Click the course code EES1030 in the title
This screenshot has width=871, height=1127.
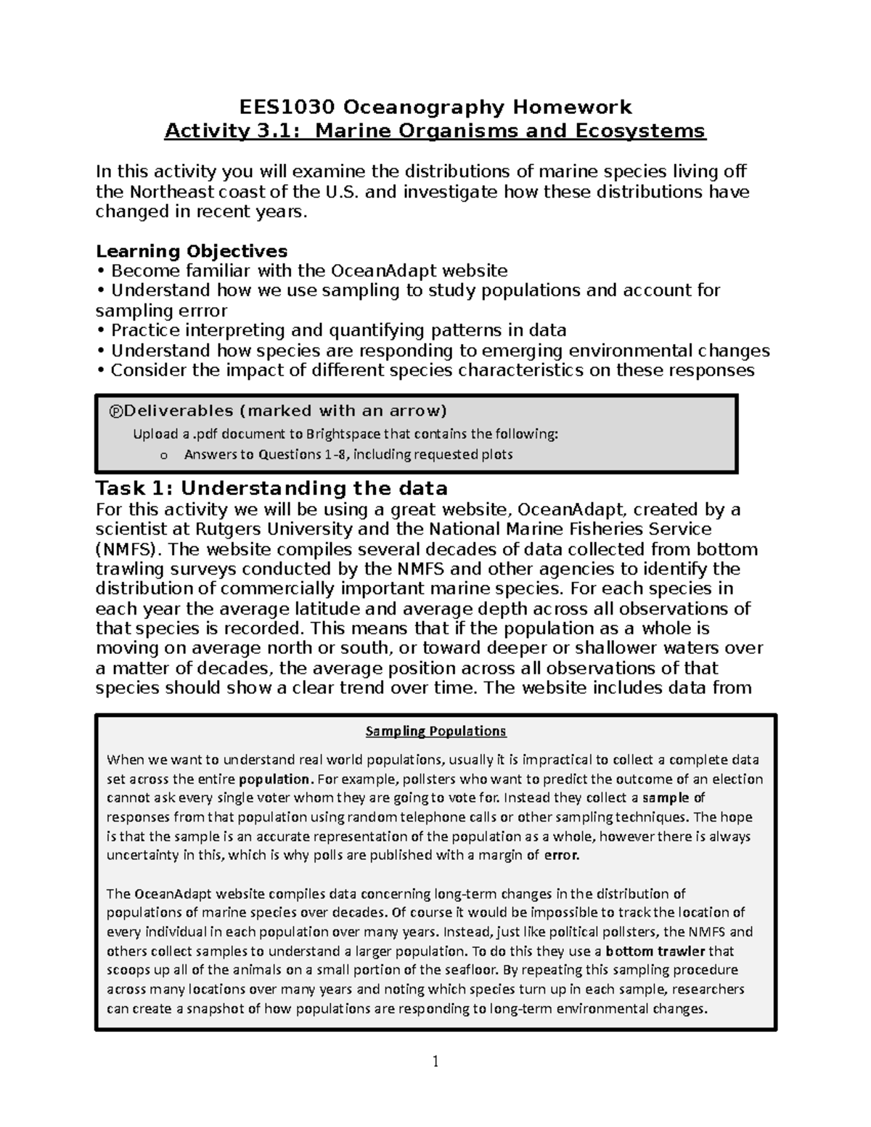coord(287,107)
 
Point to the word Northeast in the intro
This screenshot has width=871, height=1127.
coord(171,192)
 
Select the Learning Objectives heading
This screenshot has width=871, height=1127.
coord(192,251)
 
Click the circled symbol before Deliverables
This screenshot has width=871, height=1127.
coord(114,411)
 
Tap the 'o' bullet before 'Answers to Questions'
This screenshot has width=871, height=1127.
coord(163,456)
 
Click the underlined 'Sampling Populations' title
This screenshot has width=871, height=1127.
coord(435,731)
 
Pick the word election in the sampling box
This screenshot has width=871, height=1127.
coord(736,779)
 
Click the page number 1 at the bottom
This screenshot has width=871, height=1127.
coord(435,1062)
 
